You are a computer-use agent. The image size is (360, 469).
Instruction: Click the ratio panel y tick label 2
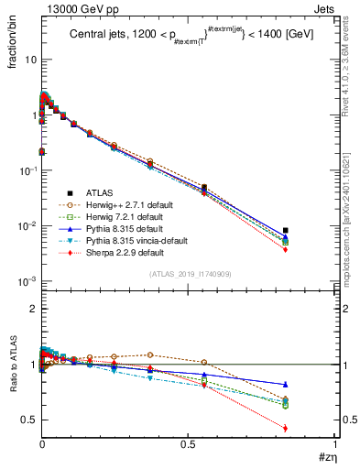point(31,310)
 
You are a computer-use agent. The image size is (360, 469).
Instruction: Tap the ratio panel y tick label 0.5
point(27,420)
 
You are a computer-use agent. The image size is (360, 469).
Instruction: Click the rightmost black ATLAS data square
point(286,231)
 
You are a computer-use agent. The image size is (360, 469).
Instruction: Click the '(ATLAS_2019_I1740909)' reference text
point(189,274)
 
